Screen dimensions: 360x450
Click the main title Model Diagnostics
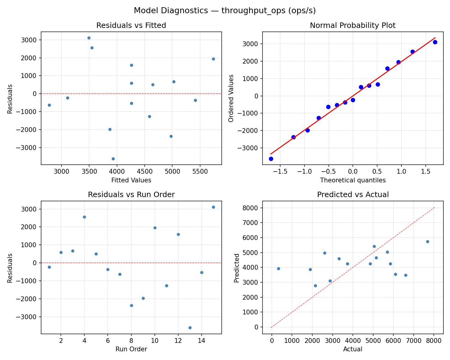225,10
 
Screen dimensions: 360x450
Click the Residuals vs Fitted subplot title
131,25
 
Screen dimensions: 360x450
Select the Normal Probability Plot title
352,25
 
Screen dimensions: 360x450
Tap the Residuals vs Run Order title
131,195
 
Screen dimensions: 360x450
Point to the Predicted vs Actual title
352,195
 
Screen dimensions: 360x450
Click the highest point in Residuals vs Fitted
89,38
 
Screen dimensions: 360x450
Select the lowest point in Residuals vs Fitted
113,159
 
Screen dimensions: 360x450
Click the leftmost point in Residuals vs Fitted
49,105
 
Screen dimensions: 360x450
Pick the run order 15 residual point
213,207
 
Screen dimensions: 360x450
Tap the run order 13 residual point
190,328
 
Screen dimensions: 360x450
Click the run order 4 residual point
84,217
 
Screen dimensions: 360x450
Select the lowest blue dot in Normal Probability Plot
271,159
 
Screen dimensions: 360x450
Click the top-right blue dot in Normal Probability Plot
435,42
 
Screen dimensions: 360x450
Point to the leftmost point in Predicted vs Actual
278,268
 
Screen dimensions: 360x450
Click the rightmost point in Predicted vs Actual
427,241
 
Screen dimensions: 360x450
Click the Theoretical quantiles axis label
352,180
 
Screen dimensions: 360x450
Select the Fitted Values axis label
131,180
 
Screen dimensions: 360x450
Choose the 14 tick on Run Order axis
202,341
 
